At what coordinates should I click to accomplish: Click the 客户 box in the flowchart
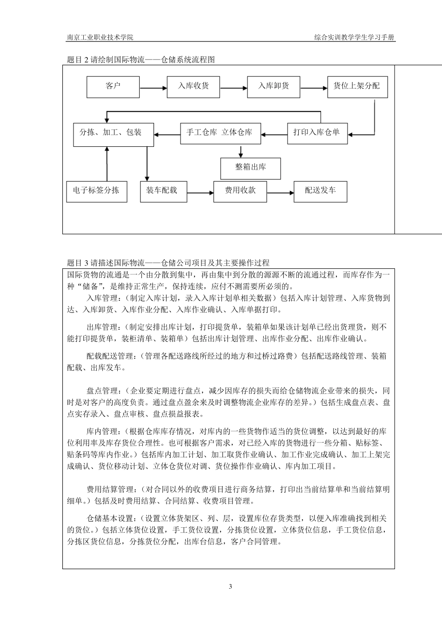pyautogui.click(x=113, y=86)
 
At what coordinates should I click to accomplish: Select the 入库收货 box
pyautogui.click(x=193, y=86)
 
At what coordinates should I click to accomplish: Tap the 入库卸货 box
pyautogui.click(x=274, y=86)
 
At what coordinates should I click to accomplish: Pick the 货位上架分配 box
pyautogui.click(x=357, y=86)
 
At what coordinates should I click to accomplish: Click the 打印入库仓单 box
pyautogui.click(x=317, y=133)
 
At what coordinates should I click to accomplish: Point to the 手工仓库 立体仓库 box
pyautogui.click(x=220, y=133)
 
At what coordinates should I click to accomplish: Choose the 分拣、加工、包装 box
pyautogui.click(x=111, y=133)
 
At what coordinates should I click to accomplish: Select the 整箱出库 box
pyautogui.click(x=250, y=167)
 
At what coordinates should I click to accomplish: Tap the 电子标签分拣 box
pyautogui.click(x=96, y=191)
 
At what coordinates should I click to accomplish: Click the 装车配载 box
pyautogui.click(x=163, y=191)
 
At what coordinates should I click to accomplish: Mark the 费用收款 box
pyautogui.click(x=240, y=191)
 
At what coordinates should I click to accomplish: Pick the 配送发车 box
pyautogui.click(x=320, y=191)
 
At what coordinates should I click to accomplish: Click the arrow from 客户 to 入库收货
pyautogui.click(x=153, y=88)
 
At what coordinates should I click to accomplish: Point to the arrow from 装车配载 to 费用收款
pyautogui.click(x=200, y=192)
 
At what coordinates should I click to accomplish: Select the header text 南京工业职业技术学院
pyautogui.click(x=100, y=37)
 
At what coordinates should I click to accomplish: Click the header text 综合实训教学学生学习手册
pyautogui.click(x=355, y=37)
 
